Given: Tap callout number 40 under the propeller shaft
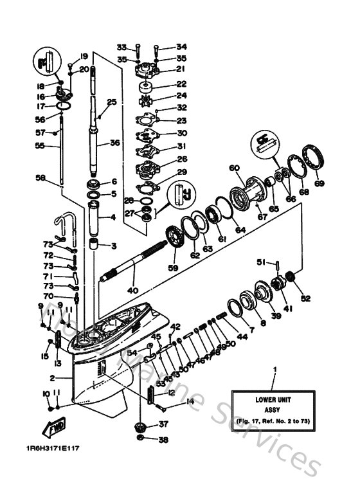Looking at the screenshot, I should point(133,290).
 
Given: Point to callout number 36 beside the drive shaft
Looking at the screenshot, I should point(115,143).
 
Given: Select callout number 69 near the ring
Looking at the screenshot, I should point(319,183).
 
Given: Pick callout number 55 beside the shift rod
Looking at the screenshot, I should point(40,147).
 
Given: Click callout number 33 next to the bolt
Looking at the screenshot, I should point(122,47).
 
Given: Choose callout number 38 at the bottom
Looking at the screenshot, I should point(163,440).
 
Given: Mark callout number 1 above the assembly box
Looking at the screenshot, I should point(276,370).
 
